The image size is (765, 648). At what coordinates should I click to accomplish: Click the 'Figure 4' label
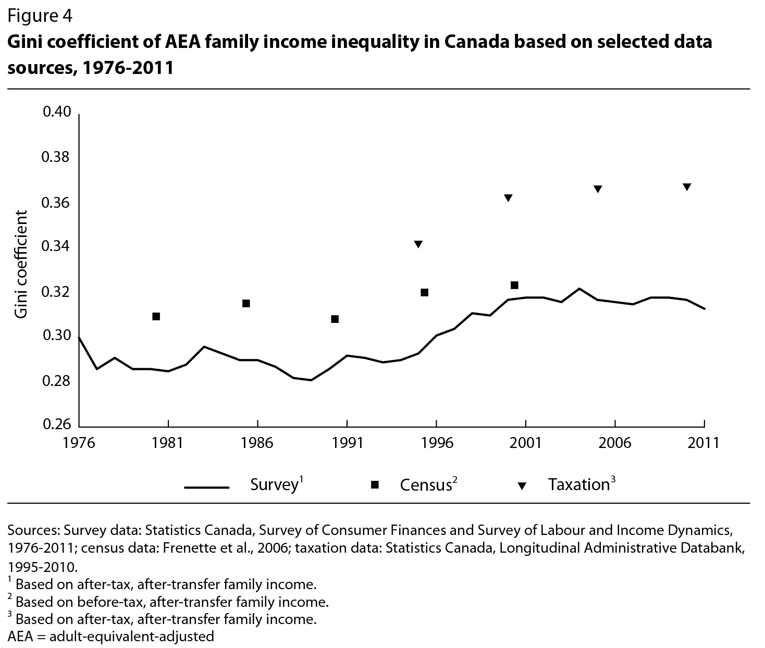40,16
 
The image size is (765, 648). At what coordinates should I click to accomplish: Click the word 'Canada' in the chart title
475,41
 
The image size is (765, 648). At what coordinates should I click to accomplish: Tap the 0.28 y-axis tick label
56,381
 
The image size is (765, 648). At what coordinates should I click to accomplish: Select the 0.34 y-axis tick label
56,247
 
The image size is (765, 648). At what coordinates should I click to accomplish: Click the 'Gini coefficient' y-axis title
21,264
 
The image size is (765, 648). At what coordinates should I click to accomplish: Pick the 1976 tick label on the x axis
79,443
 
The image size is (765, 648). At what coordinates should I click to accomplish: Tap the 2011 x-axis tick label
704,443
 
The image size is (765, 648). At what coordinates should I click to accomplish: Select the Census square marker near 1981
156,317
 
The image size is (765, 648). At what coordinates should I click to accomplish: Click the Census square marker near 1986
246,304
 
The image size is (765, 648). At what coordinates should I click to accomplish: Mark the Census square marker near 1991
335,319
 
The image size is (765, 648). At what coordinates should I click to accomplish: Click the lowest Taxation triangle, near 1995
418,244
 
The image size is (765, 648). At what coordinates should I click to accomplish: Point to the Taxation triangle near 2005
598,189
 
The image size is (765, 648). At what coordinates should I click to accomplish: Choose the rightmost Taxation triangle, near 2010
687,187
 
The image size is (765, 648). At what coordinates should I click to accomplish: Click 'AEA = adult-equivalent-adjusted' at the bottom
110,637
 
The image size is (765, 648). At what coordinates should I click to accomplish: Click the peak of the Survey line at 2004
579,289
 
